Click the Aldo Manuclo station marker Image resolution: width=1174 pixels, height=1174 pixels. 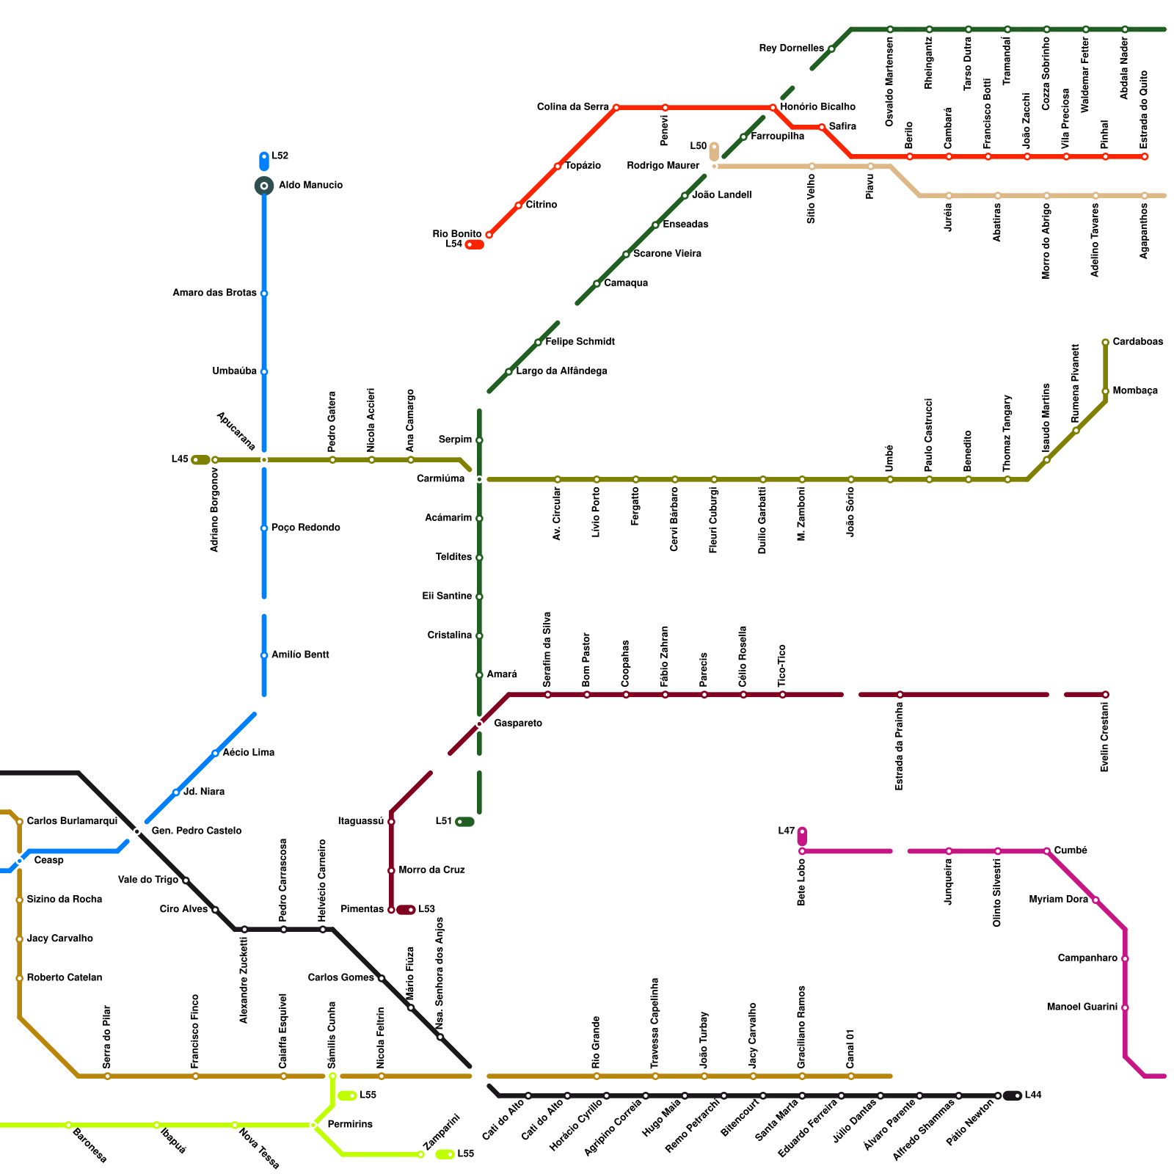pyautogui.click(x=264, y=186)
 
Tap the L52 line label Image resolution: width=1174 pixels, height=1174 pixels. pyautogui.click(x=280, y=156)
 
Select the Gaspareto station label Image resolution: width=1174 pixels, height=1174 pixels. pyautogui.click(x=518, y=723)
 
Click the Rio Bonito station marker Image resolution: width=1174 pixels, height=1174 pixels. pyautogui.click(x=489, y=235)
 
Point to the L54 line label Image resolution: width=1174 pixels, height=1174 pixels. pyautogui.click(x=453, y=244)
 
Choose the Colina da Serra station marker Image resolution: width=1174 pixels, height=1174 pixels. pyautogui.click(x=616, y=108)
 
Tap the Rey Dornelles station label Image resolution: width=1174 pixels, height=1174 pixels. pyautogui.click(x=791, y=48)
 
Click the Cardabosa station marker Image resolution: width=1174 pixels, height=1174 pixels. pyautogui.click(x=1105, y=343)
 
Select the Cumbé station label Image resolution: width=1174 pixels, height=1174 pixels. pyautogui.click(x=1071, y=850)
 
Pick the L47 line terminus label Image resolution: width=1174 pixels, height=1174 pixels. pyautogui.click(x=786, y=831)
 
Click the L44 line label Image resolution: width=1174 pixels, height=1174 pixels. pyautogui.click(x=1033, y=1095)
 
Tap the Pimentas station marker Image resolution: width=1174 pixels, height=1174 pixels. pyautogui.click(x=391, y=910)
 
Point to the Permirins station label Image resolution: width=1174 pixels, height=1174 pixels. pyautogui.click(x=350, y=1125)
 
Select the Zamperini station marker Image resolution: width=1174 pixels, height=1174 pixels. pyautogui.click(x=420, y=1154)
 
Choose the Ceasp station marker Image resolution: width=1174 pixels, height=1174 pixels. pyautogui.click(x=20, y=861)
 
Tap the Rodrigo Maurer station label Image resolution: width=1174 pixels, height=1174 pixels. pyautogui.click(x=663, y=166)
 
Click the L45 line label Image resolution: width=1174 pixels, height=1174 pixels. pyautogui.click(x=180, y=460)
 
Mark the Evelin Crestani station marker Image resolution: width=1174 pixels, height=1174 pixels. pyautogui.click(x=1105, y=695)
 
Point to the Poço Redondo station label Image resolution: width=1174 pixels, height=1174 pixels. pyautogui.click(x=305, y=528)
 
